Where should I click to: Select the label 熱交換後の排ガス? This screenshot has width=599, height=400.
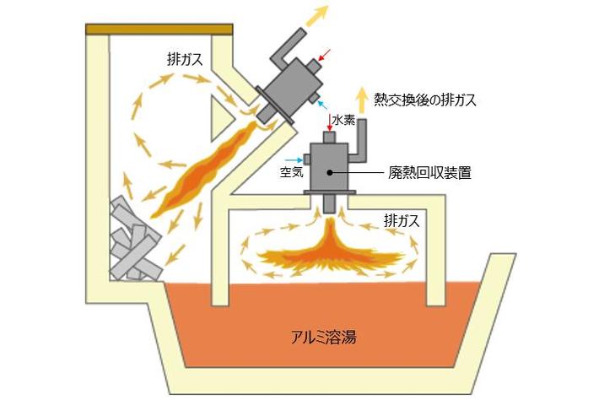pos(426,100)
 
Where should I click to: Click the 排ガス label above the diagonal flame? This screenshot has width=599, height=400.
pos(184,60)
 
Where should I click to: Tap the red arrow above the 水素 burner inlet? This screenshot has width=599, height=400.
pos(330,127)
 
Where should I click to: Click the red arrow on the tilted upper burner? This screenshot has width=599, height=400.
pos(326,56)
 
